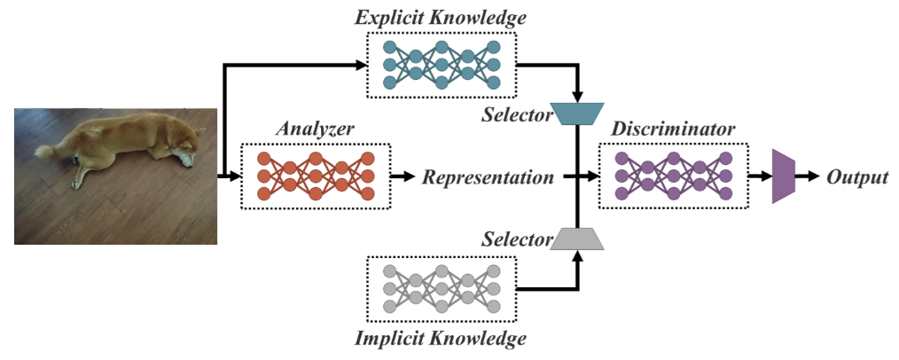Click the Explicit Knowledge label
441,17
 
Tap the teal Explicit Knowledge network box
440,65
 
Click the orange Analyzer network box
316,176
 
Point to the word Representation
488,176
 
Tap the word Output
857,177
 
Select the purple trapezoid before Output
784,176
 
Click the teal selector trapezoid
577,113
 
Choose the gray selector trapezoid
577,238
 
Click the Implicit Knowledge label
441,338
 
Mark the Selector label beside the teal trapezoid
516,114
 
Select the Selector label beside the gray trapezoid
516,239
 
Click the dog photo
115,176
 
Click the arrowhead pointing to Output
814,176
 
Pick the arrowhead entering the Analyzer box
235,176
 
